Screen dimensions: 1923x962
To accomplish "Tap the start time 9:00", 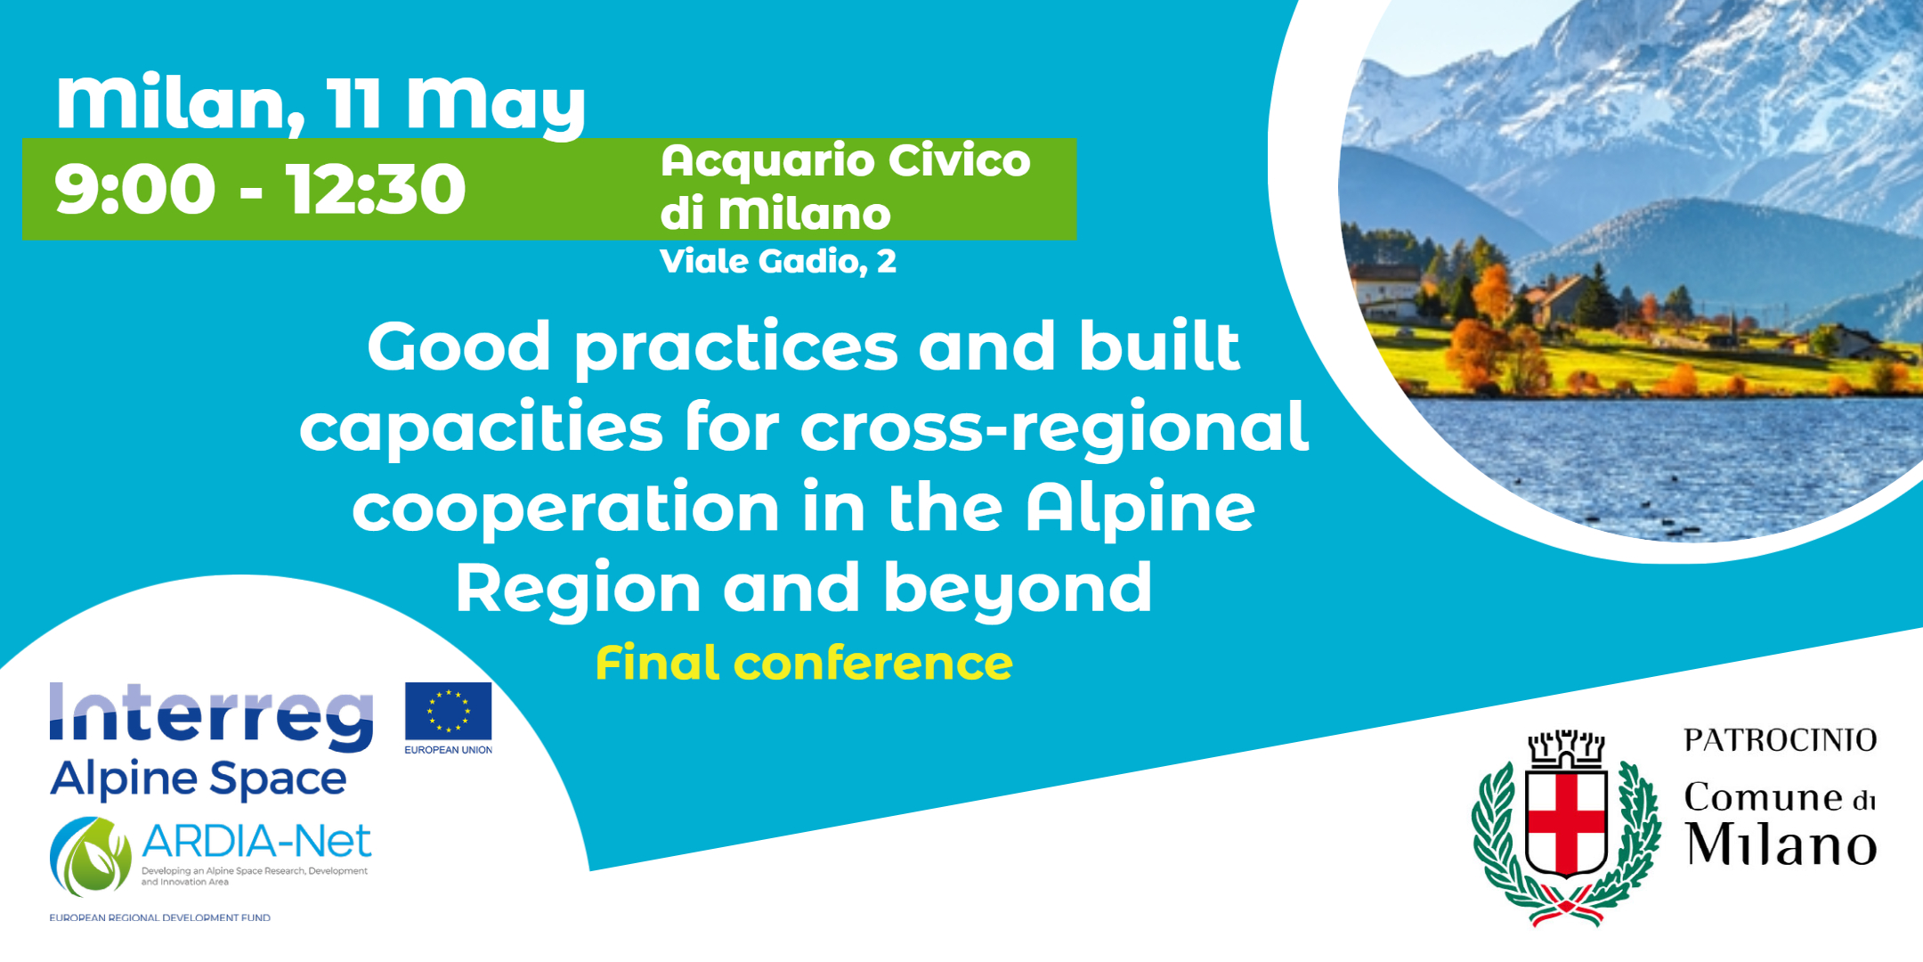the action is [x=134, y=189].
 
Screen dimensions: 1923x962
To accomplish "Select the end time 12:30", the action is [x=376, y=189].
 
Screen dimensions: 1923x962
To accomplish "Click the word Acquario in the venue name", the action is [x=767, y=162].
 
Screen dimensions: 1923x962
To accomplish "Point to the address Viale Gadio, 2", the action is [x=778, y=261].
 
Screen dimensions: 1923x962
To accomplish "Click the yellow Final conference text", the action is [x=804, y=663].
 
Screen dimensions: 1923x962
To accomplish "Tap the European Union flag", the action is [x=449, y=712].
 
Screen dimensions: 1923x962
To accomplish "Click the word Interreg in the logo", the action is [x=212, y=717].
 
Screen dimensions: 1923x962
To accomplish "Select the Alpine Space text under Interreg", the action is [x=199, y=779].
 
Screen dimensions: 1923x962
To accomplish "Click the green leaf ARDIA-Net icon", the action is [x=91, y=856].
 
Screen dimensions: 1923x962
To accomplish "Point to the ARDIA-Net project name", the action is [x=256, y=841].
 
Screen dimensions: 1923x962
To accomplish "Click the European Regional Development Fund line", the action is [x=160, y=917].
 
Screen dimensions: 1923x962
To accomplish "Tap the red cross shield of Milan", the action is [x=1567, y=824].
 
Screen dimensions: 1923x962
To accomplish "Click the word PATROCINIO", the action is [x=1781, y=740].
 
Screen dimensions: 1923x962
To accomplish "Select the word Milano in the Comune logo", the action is [x=1781, y=844].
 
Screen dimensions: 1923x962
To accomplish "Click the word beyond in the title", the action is [x=1018, y=590].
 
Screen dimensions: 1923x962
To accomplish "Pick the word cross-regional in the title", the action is [x=1054, y=428].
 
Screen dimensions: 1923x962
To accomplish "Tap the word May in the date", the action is [x=496, y=105].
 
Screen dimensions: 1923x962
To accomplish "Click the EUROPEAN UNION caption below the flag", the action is [x=449, y=750].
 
